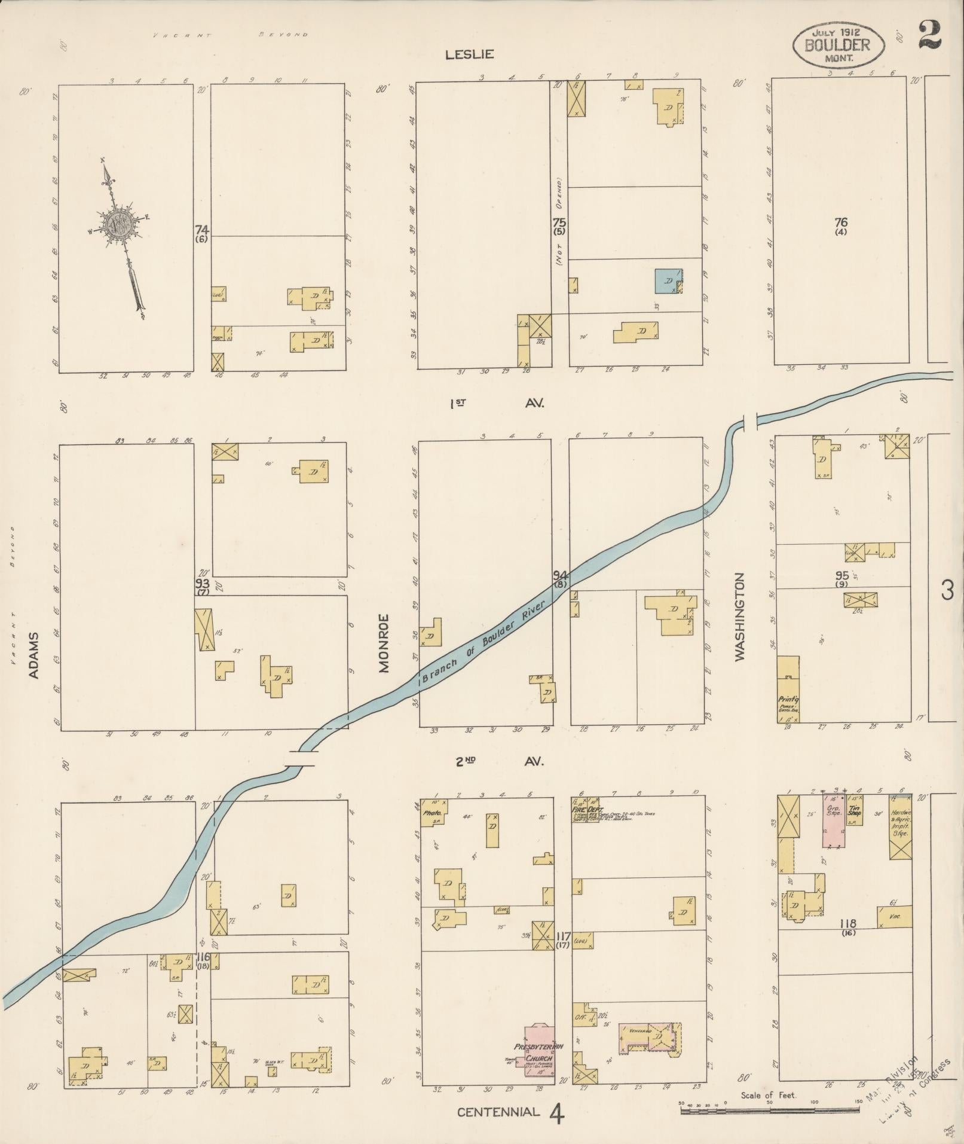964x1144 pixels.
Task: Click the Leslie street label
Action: coord(469,54)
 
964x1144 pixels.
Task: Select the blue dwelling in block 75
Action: coord(668,281)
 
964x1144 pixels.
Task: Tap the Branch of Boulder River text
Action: coord(484,641)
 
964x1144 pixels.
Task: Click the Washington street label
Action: coord(740,617)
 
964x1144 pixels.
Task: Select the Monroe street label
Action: coord(383,643)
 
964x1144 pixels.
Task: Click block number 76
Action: coord(841,222)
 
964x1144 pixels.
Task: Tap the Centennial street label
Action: coord(498,1112)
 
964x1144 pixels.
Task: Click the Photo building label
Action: coord(431,813)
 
